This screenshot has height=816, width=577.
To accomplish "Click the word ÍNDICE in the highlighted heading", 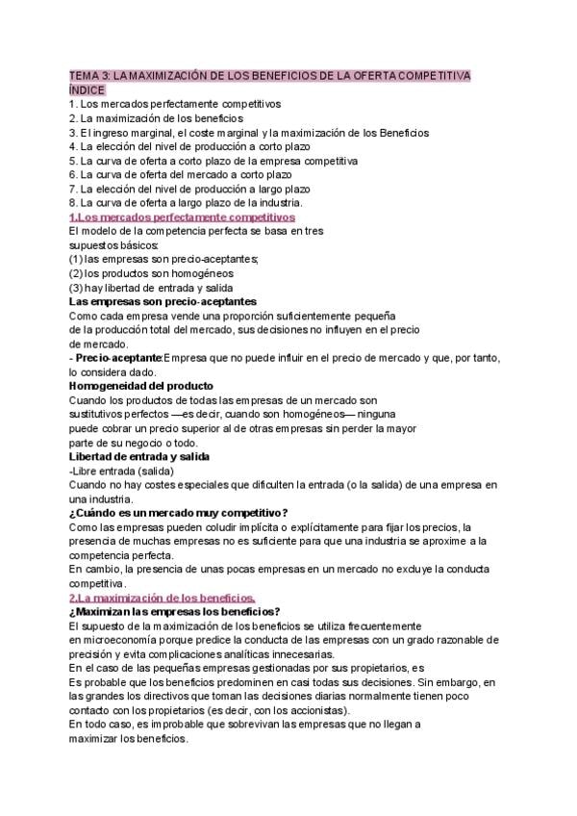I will pyautogui.click(x=88, y=89).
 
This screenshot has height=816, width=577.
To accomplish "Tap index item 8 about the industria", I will pyautogui.click(x=186, y=203).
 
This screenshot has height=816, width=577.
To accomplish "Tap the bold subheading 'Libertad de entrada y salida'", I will pyautogui.click(x=139, y=456).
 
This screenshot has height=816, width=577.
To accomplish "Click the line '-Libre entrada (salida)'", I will pyautogui.click(x=121, y=471).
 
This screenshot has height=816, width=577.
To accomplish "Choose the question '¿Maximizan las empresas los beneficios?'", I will pyautogui.click(x=174, y=612).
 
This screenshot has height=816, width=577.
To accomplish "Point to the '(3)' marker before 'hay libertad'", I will pyautogui.click(x=76, y=288).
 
